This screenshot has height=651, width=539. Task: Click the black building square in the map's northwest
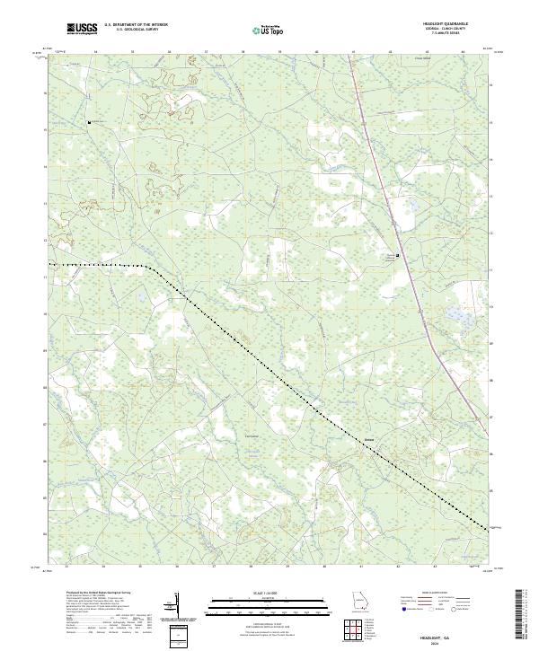(x=88, y=122)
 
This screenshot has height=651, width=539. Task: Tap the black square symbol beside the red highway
(x=398, y=255)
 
